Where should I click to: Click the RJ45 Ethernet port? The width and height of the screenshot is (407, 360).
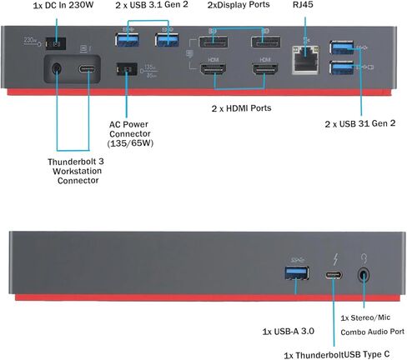click(305, 60)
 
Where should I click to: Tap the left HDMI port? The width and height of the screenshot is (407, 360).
click(213, 68)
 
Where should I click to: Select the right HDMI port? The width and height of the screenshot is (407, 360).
click(264, 68)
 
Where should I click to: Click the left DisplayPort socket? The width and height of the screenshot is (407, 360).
click(213, 42)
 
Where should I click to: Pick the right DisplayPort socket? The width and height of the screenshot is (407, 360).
click(265, 42)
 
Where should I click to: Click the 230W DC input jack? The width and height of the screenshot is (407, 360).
click(56, 43)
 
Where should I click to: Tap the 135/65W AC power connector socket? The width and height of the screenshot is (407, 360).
click(127, 69)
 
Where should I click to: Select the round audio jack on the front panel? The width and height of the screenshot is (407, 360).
click(364, 276)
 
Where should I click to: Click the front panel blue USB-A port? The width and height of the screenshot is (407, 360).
click(297, 273)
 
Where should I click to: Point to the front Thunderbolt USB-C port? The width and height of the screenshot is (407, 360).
click(334, 275)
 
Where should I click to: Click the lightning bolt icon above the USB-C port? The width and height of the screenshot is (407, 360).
click(336, 259)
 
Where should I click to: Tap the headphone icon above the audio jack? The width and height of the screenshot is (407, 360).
click(364, 258)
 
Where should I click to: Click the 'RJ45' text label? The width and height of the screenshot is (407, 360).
click(303, 5)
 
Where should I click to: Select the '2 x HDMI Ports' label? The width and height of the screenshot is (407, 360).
click(241, 108)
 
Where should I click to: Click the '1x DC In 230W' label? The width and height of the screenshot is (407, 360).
click(63, 5)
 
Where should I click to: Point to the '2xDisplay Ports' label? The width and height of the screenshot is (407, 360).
click(239, 5)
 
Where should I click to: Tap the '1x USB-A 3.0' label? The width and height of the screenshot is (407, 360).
click(289, 332)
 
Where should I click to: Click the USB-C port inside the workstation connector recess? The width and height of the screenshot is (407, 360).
click(88, 68)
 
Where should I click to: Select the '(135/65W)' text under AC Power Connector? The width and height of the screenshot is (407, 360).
click(130, 143)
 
